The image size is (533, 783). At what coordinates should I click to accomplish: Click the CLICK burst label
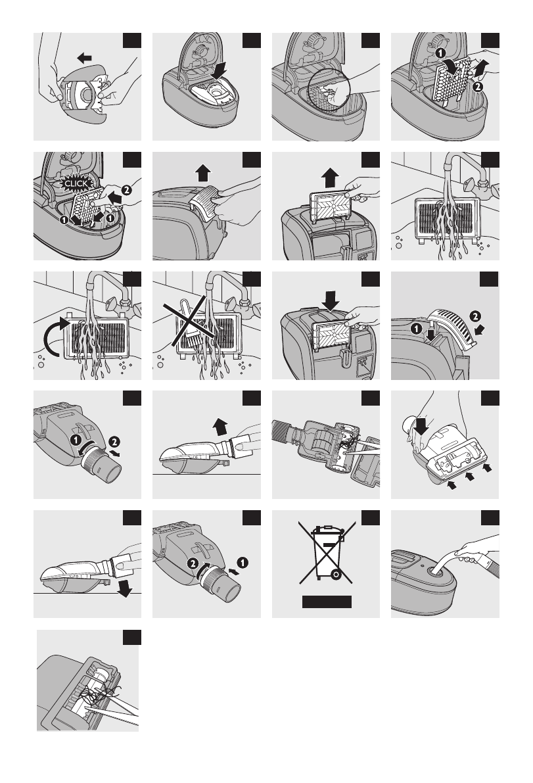tap(76, 183)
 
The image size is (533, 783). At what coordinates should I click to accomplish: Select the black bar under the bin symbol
tap(327, 602)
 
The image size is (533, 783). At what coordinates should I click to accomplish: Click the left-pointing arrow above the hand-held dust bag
tap(84, 59)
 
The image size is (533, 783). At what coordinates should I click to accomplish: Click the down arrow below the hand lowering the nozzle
tap(124, 589)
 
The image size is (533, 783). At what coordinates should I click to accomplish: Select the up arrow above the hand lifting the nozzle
tap(220, 427)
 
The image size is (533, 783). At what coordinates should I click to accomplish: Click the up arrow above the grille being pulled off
tap(202, 173)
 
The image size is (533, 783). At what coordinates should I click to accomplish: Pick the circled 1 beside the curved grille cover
tap(417, 328)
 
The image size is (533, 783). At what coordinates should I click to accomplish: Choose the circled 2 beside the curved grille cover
tap(475, 316)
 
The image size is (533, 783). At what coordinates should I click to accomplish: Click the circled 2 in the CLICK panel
tap(127, 189)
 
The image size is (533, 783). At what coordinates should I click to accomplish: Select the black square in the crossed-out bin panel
tap(370, 518)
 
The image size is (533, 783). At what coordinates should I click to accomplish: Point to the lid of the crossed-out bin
tap(327, 530)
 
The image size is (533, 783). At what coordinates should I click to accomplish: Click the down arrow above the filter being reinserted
tap(331, 300)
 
